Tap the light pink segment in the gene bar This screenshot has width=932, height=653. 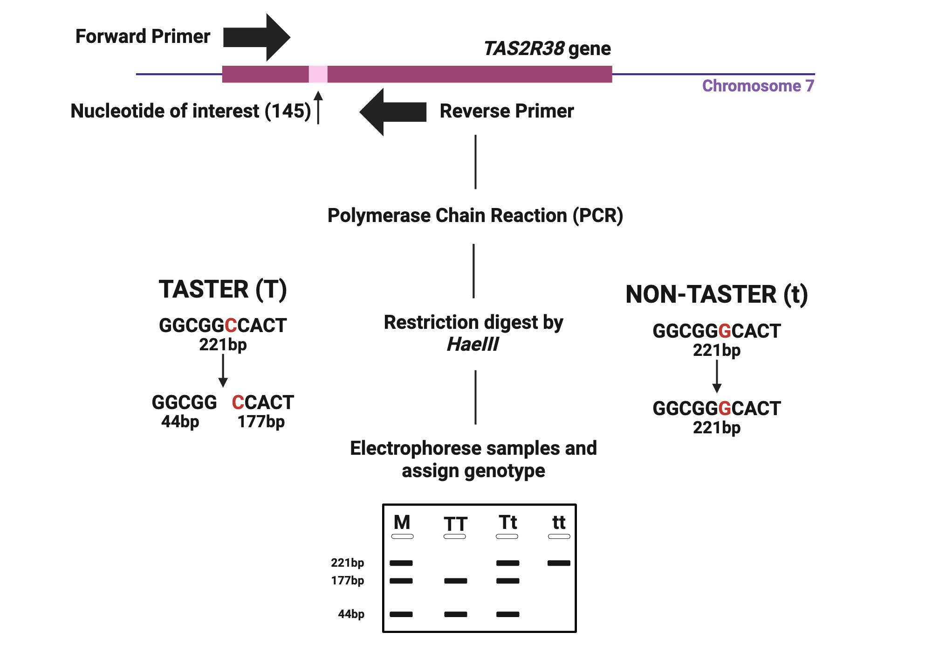pos(318,74)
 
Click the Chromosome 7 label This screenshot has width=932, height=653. pos(758,86)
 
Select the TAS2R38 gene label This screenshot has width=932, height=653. pos(547,49)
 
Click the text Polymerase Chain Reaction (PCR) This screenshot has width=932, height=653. pos(475,215)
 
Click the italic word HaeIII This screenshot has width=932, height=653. pos(472,344)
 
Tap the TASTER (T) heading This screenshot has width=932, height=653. pos(222,289)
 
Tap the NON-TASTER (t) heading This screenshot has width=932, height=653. pos(716,294)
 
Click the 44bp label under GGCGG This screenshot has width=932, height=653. pos(180,422)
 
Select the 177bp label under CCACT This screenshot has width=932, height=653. pos(261,422)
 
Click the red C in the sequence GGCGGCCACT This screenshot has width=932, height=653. pos(231,326)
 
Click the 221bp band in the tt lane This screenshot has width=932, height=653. pos(559,563)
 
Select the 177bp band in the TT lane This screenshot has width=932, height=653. pos(455,581)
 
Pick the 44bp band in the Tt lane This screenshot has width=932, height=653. pos(507,614)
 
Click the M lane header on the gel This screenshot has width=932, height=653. pos(402,522)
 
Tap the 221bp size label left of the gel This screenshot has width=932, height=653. pos(347,563)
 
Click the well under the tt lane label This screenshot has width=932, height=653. pos(559,536)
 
